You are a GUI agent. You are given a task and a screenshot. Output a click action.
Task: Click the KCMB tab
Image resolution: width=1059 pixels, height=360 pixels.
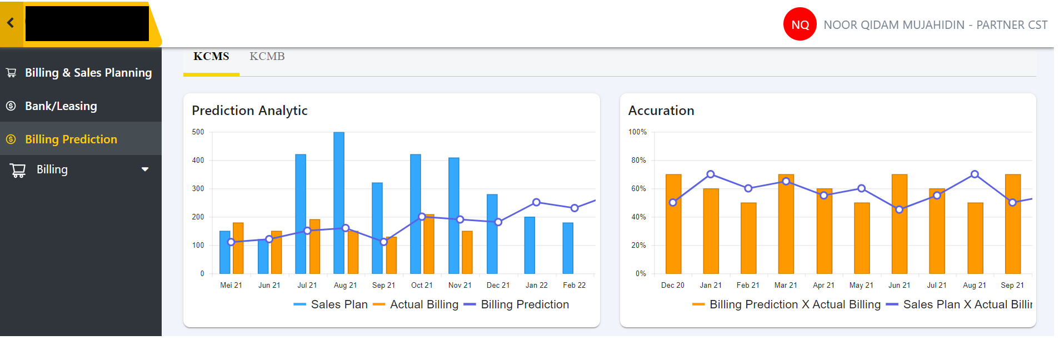(267, 57)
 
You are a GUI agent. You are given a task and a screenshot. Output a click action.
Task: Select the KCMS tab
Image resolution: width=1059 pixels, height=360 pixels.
(211, 57)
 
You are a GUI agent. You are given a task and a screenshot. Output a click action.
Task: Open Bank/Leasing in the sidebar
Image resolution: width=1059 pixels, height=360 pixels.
(61, 106)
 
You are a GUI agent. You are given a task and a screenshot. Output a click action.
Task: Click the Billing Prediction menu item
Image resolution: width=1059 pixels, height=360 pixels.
(71, 139)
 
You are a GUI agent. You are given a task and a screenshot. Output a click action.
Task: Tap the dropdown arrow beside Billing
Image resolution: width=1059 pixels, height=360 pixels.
(145, 169)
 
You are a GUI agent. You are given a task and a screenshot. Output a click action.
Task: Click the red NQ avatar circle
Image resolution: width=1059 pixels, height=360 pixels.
(800, 24)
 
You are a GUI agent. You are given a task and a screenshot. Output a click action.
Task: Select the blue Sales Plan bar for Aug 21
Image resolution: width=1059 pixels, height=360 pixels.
(339, 203)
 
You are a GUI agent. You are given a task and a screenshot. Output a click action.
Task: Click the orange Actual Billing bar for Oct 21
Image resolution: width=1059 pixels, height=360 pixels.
(429, 244)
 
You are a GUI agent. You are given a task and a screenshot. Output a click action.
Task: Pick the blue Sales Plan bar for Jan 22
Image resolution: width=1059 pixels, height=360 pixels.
(529, 245)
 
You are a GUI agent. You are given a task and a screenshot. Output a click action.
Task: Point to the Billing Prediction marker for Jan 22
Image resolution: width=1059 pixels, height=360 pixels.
(536, 202)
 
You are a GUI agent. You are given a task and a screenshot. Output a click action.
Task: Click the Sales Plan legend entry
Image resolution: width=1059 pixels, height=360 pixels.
(331, 304)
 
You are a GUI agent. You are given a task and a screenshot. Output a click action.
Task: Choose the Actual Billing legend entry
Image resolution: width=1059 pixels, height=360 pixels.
(416, 304)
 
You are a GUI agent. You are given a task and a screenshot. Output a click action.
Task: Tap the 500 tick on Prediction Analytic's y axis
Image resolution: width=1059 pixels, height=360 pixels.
(198, 132)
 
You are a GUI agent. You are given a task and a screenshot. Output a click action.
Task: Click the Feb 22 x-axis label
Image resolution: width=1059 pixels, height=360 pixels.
(574, 285)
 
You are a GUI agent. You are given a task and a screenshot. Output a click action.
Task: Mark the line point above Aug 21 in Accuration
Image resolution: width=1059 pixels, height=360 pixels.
(975, 174)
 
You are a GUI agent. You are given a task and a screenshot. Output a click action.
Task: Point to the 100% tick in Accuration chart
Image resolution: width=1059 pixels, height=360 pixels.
(637, 132)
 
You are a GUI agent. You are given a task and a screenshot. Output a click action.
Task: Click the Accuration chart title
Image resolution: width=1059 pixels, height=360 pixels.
(661, 111)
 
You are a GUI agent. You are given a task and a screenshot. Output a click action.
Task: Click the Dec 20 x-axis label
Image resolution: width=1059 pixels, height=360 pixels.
(673, 285)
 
